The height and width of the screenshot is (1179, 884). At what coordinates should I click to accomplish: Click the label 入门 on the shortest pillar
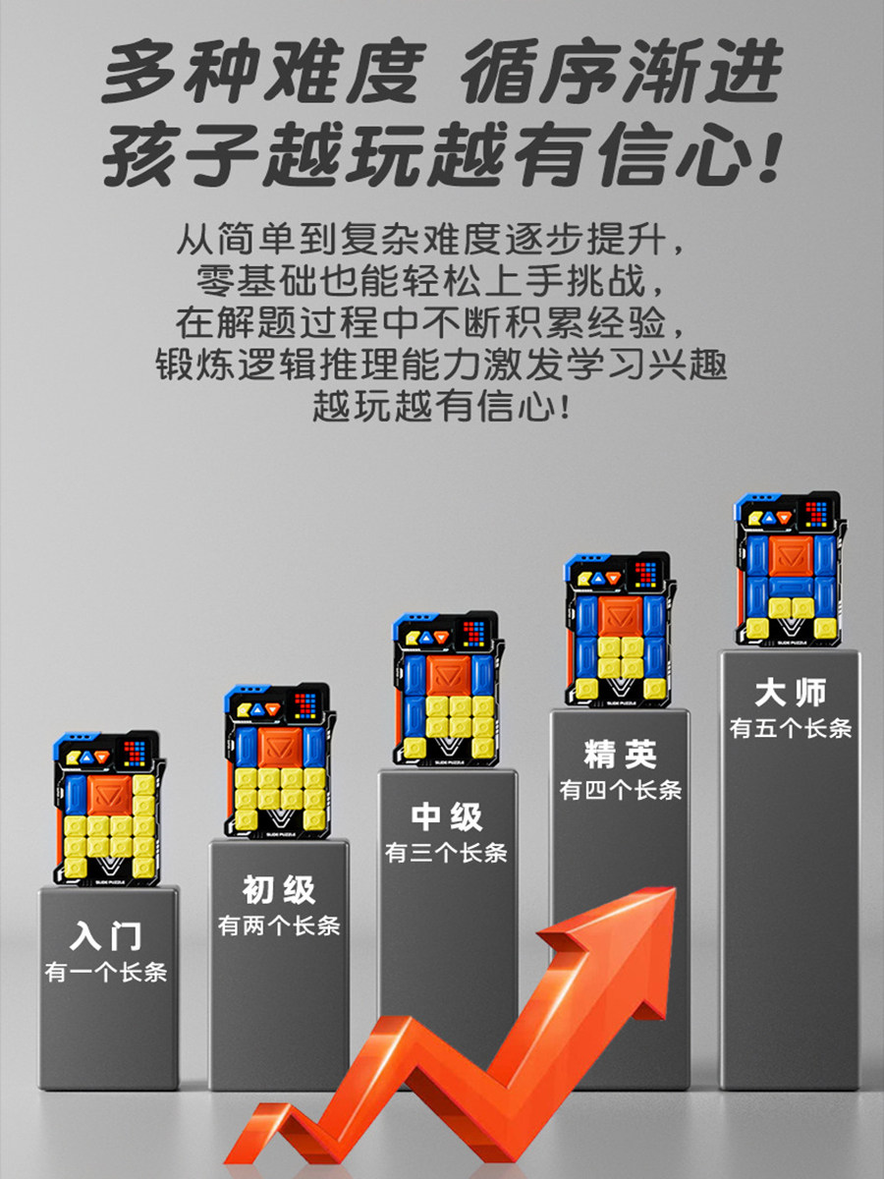coord(106,934)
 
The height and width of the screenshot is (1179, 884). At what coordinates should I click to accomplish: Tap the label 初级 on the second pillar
coord(279,889)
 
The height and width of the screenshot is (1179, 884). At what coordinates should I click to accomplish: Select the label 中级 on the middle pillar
coord(446,816)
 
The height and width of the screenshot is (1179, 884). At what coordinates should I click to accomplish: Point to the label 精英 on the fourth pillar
coord(619,755)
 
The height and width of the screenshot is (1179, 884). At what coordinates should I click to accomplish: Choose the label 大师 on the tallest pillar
coord(791,694)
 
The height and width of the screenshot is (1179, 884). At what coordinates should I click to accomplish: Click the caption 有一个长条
coord(106,973)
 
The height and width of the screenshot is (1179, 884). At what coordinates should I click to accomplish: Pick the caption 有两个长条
coord(279,926)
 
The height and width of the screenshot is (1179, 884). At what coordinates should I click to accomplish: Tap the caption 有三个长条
coord(446,853)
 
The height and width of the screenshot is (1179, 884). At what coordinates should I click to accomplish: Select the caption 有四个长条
coord(619,791)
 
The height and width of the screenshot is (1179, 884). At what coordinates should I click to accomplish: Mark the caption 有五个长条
coord(791,729)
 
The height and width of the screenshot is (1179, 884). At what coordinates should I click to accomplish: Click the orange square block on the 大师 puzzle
coord(789,558)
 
